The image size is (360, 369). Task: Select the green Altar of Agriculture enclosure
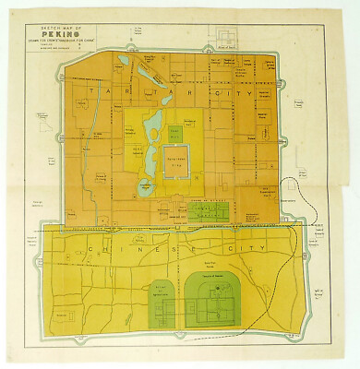tap(161, 302)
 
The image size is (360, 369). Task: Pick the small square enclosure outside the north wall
tap(228, 36)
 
